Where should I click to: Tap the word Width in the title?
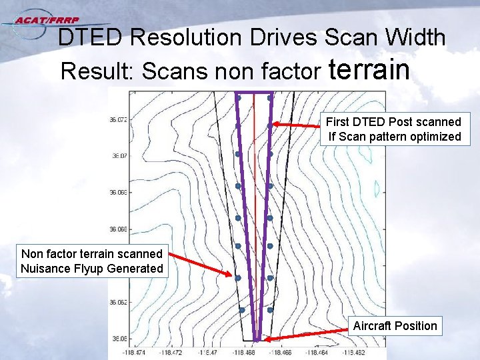(x=412, y=38)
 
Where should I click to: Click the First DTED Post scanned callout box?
(x=393, y=129)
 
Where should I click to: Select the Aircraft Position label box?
(x=395, y=326)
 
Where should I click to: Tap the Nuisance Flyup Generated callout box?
(x=92, y=261)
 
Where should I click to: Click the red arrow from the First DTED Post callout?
(x=297, y=125)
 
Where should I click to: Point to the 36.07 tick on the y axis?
(x=119, y=156)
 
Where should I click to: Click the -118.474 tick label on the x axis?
(x=135, y=352)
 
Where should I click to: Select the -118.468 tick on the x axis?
(x=244, y=352)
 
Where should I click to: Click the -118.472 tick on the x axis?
(x=171, y=352)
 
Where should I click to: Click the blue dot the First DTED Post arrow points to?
(x=270, y=125)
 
